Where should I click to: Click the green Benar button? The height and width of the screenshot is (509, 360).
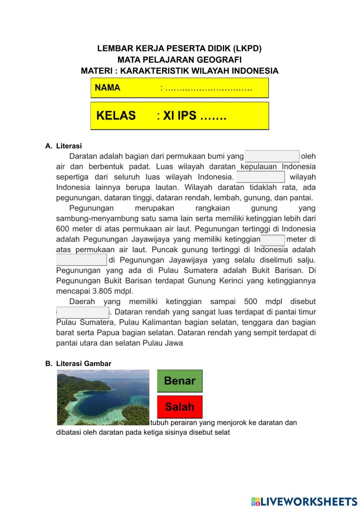click(180, 381)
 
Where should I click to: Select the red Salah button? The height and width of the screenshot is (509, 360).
click(180, 407)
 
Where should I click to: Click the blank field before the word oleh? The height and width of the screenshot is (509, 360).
click(272, 156)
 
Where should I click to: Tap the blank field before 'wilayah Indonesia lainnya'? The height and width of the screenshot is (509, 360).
click(260, 177)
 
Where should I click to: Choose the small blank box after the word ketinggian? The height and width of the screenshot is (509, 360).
click(273, 240)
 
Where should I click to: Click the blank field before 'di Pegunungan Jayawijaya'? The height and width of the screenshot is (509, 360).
click(81, 260)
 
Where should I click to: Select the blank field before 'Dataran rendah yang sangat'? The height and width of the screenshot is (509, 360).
click(83, 312)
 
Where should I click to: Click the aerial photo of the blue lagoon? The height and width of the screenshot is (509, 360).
click(103, 397)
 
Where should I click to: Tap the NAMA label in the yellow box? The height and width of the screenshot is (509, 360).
click(108, 88)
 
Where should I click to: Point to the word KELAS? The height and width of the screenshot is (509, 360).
click(116, 116)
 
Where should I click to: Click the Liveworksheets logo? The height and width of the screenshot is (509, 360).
click(304, 501)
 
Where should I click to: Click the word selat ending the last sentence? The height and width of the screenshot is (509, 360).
click(222, 432)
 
